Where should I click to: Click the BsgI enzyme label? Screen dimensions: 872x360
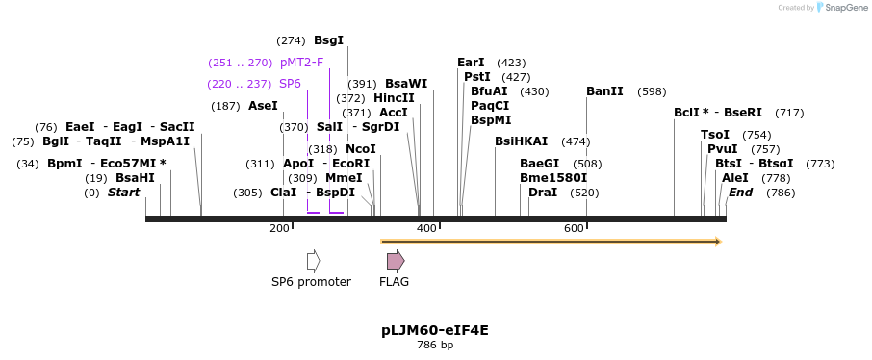tap(328, 40)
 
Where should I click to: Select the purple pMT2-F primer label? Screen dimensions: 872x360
tap(301, 63)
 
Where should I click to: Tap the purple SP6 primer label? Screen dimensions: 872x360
tap(290, 84)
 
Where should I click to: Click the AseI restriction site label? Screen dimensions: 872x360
tap(263, 106)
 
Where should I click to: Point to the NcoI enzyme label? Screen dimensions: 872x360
tap(361, 149)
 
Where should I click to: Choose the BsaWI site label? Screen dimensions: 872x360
tap(406, 84)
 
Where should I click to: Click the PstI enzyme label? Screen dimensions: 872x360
tap(477, 77)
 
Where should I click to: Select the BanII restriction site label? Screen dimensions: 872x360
tap(604, 91)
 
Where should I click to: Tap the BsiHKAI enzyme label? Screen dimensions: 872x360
tap(521, 141)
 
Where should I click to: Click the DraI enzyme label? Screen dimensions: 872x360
tap(543, 193)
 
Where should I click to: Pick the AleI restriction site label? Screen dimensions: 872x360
tap(734, 178)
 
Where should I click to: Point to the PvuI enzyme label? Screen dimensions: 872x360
tap(723, 149)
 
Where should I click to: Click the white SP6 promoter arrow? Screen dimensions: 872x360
tap(313, 261)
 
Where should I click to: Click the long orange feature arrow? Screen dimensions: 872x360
tap(551, 241)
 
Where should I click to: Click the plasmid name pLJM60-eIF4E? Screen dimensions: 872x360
tap(435, 330)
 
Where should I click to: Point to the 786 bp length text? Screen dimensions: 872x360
tap(435, 345)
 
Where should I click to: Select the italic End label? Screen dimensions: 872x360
tap(740, 193)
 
